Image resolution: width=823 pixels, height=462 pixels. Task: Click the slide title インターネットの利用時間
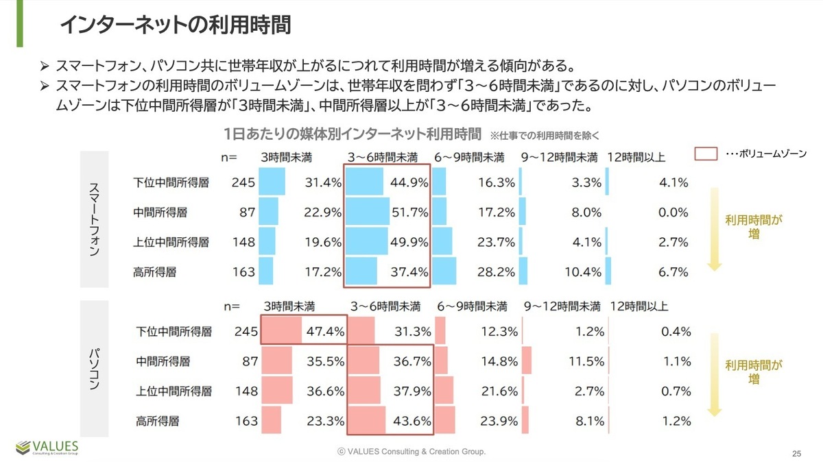tap(175, 25)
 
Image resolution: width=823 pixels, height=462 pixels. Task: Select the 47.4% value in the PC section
tap(325, 332)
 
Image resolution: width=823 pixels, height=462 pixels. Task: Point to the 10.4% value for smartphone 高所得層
tap(584, 271)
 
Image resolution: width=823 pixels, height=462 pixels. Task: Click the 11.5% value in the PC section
tap(586, 361)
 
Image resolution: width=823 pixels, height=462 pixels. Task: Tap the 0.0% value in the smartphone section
tap(673, 212)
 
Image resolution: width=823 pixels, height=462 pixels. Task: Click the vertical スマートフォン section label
tap(95, 219)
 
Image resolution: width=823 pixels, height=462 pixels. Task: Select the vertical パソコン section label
tap(95, 368)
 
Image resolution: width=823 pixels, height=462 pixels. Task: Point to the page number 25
tap(796, 453)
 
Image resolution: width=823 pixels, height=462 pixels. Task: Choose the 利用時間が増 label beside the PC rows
tap(753, 373)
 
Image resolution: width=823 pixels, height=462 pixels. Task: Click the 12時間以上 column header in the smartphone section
tap(636, 158)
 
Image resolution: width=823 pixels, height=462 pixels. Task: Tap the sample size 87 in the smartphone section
tap(247, 212)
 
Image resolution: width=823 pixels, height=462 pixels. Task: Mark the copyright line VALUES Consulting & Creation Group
tap(411, 452)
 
